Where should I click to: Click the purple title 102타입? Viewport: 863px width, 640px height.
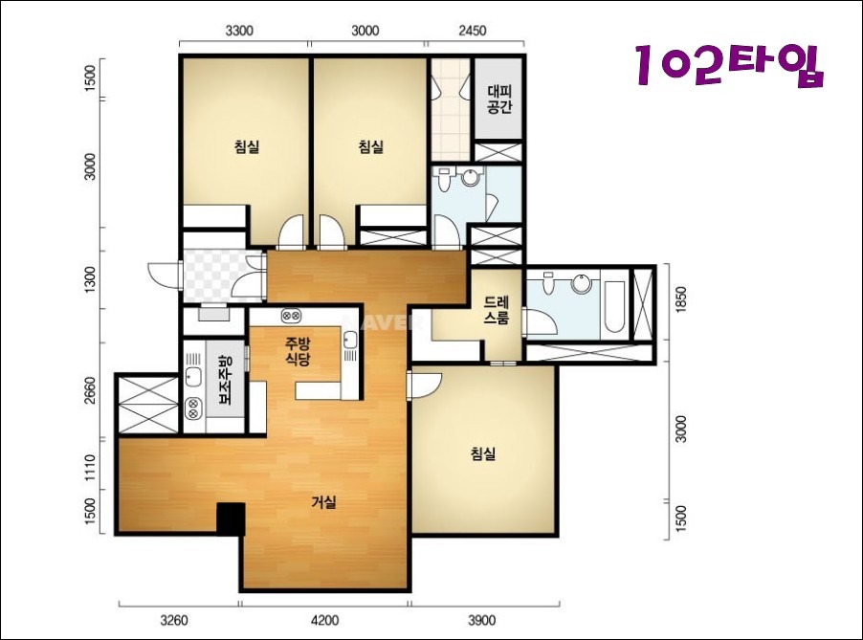click(x=730, y=65)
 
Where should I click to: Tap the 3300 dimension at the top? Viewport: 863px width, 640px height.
click(x=239, y=31)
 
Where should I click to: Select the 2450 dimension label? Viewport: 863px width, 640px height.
click(x=473, y=31)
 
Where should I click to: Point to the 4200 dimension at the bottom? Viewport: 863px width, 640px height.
click(x=324, y=621)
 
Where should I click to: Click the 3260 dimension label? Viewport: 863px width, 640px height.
click(x=174, y=621)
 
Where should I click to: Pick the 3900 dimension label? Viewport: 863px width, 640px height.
click(x=481, y=621)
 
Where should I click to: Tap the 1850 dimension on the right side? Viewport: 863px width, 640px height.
click(x=681, y=299)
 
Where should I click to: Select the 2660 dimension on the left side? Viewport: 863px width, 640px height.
click(x=90, y=389)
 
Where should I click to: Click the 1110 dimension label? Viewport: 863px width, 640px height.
click(x=90, y=467)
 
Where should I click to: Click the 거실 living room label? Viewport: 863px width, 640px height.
click(x=323, y=502)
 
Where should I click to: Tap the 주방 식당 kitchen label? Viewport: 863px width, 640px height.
click(x=298, y=352)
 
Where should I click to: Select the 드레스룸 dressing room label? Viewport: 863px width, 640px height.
click(x=496, y=310)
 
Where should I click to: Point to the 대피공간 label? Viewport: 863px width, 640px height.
click(x=499, y=99)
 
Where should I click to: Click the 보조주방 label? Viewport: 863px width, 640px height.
click(x=226, y=380)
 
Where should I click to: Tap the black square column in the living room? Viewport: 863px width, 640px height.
click(x=231, y=519)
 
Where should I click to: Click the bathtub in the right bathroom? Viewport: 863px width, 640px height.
click(x=613, y=306)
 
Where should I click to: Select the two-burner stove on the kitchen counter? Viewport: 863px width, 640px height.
click(x=291, y=316)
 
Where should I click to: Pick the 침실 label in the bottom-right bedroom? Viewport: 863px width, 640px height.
click(x=483, y=454)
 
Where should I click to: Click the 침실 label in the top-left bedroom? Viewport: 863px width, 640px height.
click(x=247, y=147)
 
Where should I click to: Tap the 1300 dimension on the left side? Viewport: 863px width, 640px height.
click(x=90, y=280)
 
